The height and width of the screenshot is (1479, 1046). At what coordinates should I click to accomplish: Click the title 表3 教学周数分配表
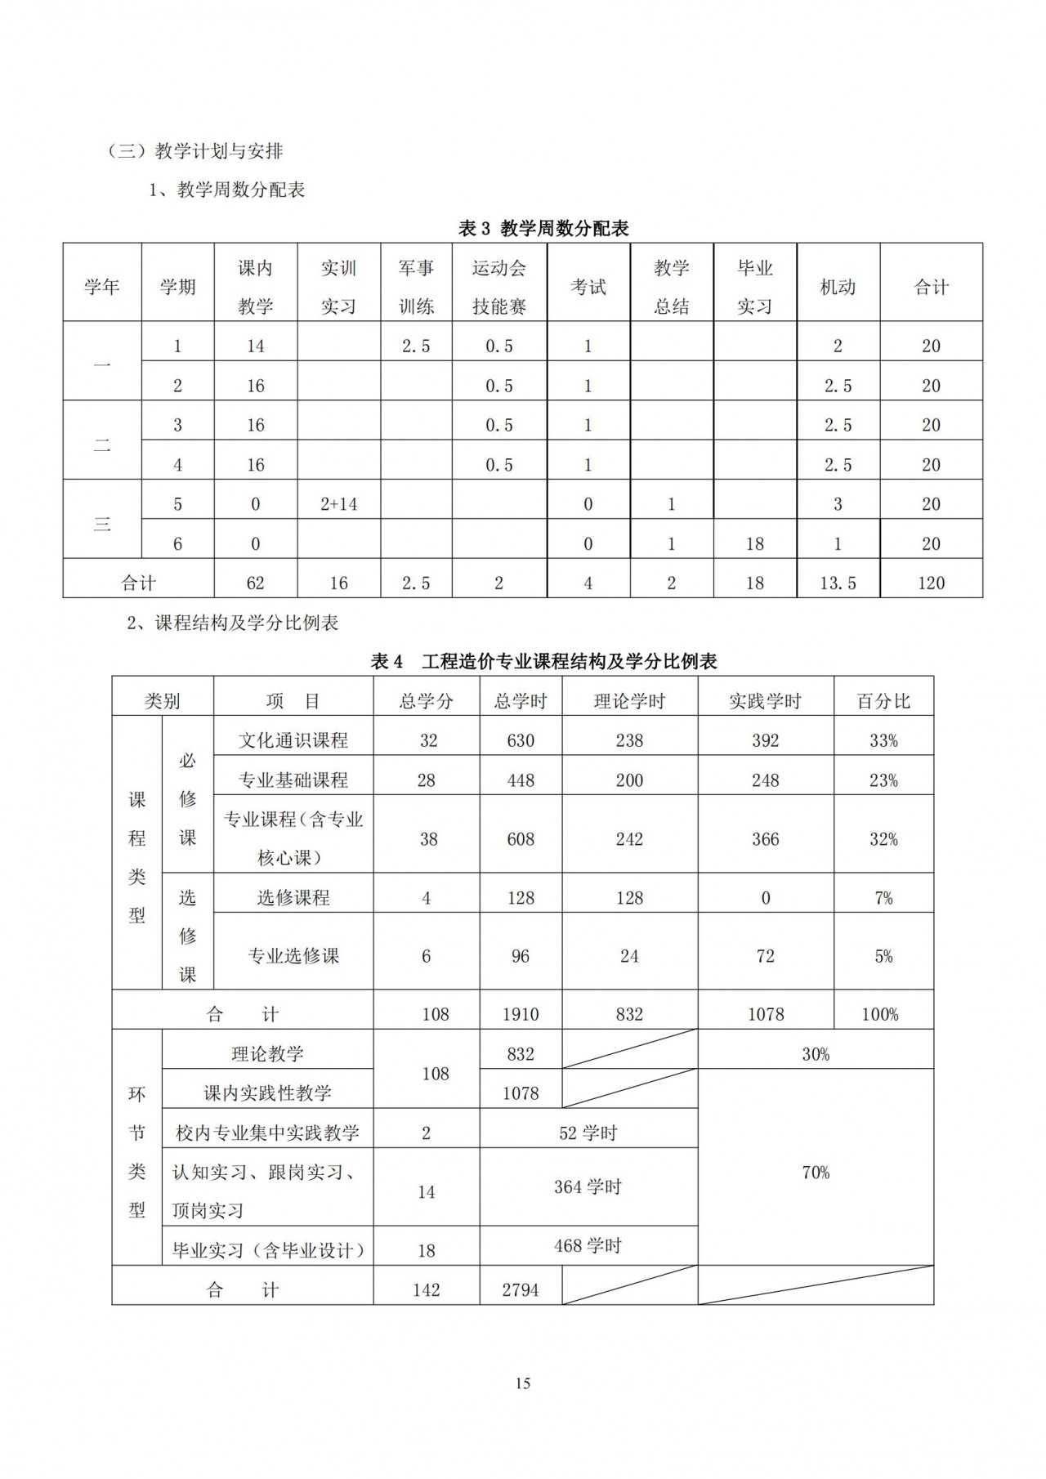(x=543, y=229)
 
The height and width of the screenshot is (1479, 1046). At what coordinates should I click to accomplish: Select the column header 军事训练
(x=416, y=287)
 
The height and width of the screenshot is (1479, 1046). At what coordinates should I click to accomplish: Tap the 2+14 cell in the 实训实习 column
(x=338, y=504)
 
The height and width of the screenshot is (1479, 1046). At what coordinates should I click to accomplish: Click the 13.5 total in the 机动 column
(x=838, y=583)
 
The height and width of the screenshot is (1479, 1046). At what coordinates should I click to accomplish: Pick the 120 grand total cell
(x=931, y=583)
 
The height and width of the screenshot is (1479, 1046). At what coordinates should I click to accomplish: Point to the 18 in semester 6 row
(x=754, y=544)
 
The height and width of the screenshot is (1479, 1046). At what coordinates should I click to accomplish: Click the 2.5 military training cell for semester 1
(x=416, y=346)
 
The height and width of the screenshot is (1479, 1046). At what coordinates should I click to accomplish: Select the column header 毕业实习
(x=754, y=287)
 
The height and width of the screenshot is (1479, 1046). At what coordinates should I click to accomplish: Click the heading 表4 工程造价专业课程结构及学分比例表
(x=543, y=662)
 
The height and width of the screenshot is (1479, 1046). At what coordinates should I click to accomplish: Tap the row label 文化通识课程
(x=293, y=741)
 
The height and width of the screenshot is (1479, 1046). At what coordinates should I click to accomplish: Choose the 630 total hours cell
(x=521, y=741)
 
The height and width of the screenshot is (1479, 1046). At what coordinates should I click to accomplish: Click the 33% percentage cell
(x=883, y=741)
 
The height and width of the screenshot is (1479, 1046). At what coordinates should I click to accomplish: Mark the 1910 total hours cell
(x=521, y=1015)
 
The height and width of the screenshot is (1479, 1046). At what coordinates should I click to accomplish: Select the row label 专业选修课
(x=293, y=956)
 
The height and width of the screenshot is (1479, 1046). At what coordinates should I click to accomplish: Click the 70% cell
(x=816, y=1173)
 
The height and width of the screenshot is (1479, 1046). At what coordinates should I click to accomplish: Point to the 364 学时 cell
(x=588, y=1187)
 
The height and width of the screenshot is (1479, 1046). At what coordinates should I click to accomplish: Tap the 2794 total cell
(x=521, y=1290)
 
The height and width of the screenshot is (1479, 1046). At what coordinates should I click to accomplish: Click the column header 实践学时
(x=765, y=701)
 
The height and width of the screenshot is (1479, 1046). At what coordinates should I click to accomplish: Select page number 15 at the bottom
(x=523, y=1383)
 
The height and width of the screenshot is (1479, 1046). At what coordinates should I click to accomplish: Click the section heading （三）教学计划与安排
(x=195, y=151)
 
